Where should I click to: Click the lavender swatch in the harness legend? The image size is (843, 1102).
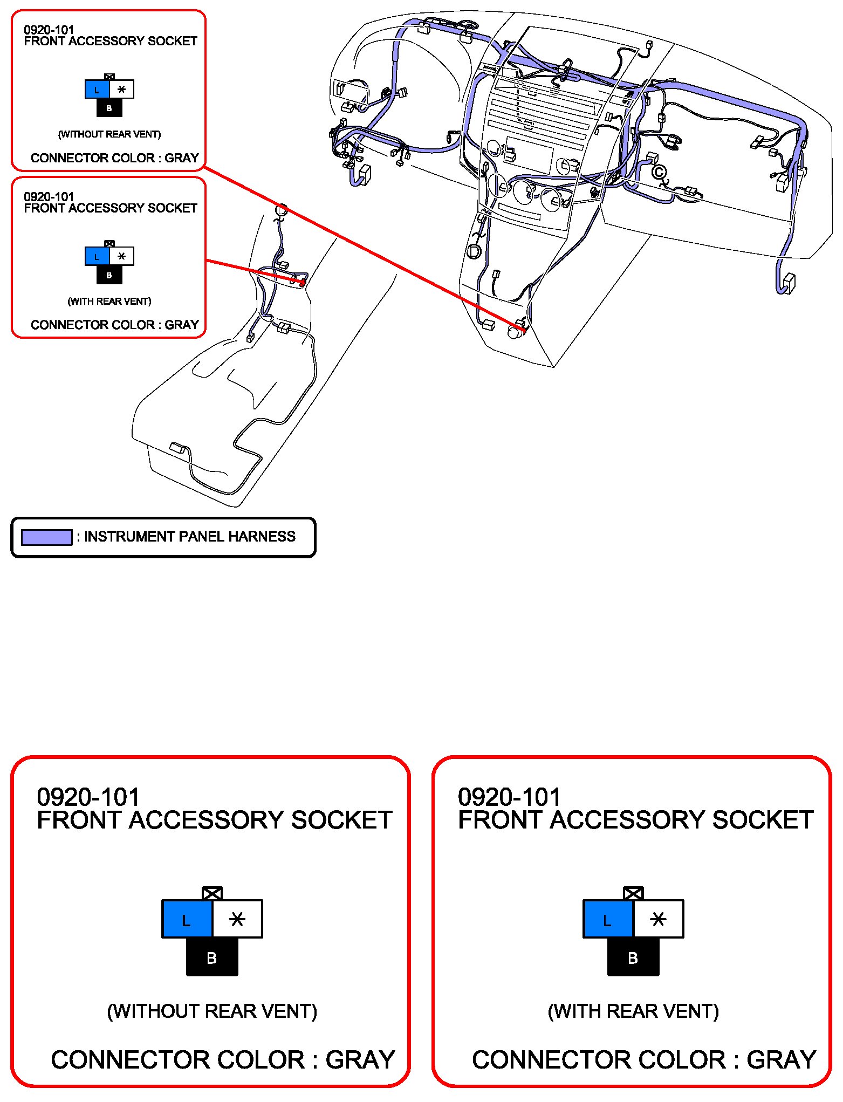point(46,537)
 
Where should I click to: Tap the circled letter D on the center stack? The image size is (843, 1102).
point(474,251)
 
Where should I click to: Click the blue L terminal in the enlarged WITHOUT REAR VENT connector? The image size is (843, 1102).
point(187,919)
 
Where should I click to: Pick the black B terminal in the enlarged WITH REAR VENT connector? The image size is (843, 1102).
point(633,957)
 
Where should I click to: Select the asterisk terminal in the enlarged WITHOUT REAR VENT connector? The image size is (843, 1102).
point(237,919)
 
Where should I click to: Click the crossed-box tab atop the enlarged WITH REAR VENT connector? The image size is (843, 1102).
point(633,893)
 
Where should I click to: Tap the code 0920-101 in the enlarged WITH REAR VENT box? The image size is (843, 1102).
point(509,797)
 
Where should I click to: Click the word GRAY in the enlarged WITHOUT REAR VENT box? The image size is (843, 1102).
point(360,1060)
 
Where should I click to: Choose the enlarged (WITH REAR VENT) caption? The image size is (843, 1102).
point(633,1011)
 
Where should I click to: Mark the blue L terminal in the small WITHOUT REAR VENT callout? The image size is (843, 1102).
point(97,90)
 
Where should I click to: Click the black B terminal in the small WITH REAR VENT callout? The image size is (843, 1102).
point(109,275)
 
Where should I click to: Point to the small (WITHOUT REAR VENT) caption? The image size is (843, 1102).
point(109,134)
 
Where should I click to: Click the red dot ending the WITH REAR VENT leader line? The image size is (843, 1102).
point(303,282)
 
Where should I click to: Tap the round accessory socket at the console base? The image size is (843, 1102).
point(515,332)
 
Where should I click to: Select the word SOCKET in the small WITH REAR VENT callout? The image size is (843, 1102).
point(173,208)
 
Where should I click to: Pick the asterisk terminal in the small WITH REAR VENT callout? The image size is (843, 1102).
point(122,256)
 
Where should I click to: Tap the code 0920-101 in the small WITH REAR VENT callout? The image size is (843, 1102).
point(49,197)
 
